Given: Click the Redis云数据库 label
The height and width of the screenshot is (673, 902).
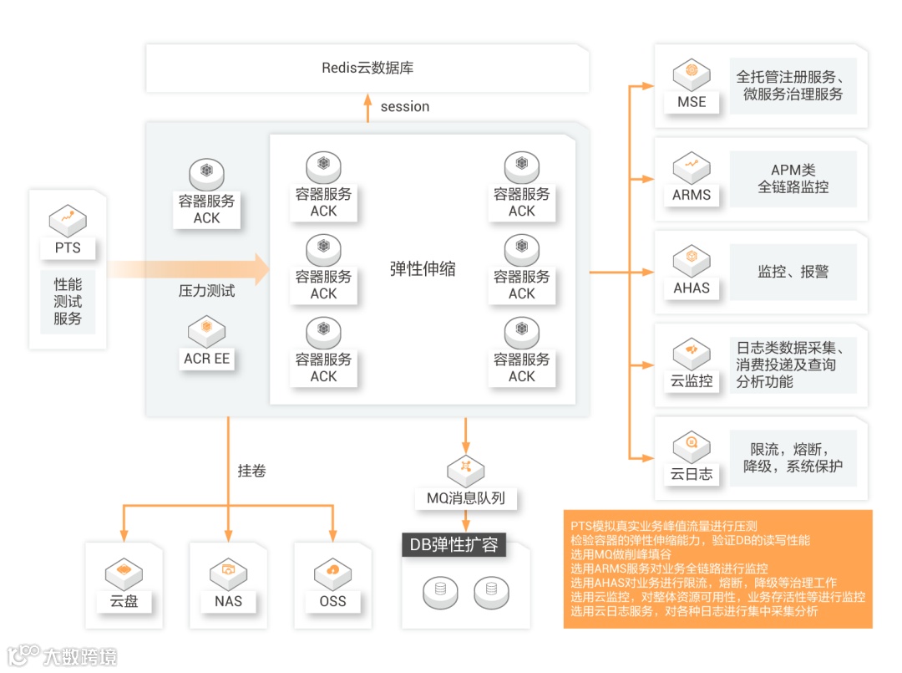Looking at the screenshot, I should [367, 68].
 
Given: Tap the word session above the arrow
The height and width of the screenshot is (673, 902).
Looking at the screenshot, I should [405, 107].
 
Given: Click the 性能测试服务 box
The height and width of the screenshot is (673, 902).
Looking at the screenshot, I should [68, 302].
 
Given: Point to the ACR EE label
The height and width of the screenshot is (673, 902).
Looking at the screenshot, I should [207, 359].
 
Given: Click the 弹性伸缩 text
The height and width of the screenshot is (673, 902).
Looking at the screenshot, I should [423, 269].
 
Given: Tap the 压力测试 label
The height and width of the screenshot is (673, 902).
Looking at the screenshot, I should [207, 291].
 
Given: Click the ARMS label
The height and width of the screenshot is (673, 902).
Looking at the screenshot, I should [692, 195].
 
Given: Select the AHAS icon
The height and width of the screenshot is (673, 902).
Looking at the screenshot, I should [692, 260].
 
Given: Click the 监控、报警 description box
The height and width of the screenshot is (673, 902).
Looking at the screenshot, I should [793, 273].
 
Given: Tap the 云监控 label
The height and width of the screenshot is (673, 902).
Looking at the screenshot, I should [692, 381].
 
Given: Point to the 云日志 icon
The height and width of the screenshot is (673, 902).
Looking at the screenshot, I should [692, 446].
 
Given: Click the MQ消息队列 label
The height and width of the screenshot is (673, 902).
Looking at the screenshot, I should [466, 499].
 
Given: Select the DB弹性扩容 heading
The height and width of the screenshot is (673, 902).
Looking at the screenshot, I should [454, 545].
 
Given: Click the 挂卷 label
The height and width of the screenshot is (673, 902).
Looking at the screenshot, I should [251, 472].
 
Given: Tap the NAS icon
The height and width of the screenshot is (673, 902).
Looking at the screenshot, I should [228, 573].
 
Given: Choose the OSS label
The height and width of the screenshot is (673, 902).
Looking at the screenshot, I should [332, 601].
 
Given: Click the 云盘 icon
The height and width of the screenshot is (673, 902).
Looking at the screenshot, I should [124, 573].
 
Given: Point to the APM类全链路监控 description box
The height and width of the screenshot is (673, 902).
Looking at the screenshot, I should [793, 179].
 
